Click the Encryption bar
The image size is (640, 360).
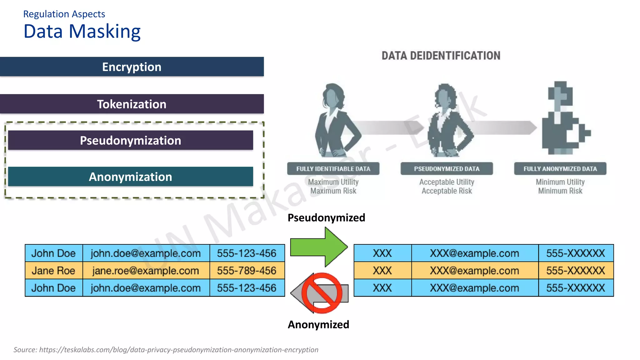(x=132, y=67)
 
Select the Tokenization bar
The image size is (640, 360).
(x=132, y=104)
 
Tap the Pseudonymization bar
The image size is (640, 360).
(x=130, y=140)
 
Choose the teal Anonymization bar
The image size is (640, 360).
(x=130, y=177)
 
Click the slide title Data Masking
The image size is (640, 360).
(x=82, y=32)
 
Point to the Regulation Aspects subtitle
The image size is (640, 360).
(x=64, y=14)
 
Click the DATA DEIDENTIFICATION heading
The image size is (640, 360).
(x=441, y=56)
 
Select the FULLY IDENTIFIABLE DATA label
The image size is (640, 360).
(x=333, y=169)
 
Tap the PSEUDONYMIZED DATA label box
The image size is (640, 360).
(x=447, y=169)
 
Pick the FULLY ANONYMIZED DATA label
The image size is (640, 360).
(x=560, y=169)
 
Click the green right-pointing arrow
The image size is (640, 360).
(x=319, y=247)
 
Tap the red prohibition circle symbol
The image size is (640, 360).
(x=322, y=293)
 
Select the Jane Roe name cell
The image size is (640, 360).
(x=53, y=271)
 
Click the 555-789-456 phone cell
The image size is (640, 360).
(x=247, y=271)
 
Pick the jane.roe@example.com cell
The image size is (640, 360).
(x=146, y=271)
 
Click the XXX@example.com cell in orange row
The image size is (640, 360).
(x=474, y=271)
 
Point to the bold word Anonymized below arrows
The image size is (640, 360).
(x=318, y=324)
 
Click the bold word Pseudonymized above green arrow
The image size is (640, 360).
(x=326, y=217)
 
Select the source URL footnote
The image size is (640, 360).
(x=166, y=350)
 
